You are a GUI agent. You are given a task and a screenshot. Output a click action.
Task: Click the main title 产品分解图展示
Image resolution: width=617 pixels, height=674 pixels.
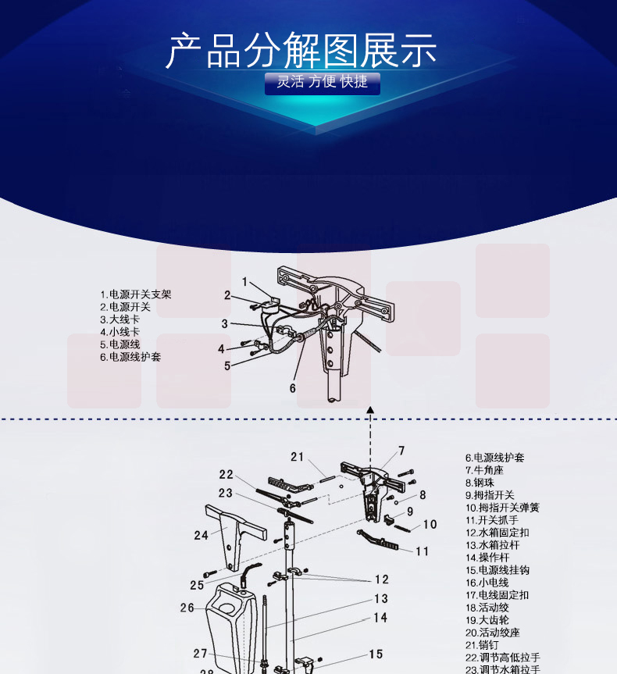[301, 51]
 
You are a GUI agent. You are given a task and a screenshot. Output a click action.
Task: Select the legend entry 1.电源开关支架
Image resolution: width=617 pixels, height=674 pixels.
[136, 294]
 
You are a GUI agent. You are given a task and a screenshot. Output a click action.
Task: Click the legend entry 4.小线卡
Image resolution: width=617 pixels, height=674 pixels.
[120, 332]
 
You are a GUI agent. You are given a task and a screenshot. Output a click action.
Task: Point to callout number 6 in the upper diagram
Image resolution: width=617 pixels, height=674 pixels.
[292, 388]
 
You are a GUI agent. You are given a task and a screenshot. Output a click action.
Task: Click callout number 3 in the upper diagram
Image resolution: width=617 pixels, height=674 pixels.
[224, 323]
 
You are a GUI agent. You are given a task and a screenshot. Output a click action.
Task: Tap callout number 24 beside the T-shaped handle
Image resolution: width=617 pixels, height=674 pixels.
[201, 535]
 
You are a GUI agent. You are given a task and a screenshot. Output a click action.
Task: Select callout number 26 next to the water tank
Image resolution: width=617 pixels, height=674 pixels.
[187, 608]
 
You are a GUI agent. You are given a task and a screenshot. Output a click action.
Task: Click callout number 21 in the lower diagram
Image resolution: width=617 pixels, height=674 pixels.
[297, 457]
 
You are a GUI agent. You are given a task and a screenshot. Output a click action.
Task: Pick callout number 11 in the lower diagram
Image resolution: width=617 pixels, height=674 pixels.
[423, 551]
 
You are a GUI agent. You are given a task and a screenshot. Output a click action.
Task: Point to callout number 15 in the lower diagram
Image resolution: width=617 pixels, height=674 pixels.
[376, 654]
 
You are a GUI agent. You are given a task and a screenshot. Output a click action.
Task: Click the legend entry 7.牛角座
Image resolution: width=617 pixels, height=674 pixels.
[484, 470]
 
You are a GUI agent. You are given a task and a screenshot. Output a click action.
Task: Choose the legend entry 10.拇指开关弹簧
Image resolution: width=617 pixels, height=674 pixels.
[502, 507]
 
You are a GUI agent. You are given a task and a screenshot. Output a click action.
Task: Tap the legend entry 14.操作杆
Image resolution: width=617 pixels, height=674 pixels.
[487, 558]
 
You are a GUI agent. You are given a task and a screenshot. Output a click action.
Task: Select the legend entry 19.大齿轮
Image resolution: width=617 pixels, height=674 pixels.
[487, 620]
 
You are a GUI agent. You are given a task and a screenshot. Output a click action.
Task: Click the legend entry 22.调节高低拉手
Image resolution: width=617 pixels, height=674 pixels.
[503, 658]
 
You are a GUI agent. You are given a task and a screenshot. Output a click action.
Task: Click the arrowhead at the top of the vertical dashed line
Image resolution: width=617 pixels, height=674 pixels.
[370, 410]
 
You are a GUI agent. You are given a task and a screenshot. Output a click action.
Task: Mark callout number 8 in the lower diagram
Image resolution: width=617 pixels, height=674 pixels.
[423, 494]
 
